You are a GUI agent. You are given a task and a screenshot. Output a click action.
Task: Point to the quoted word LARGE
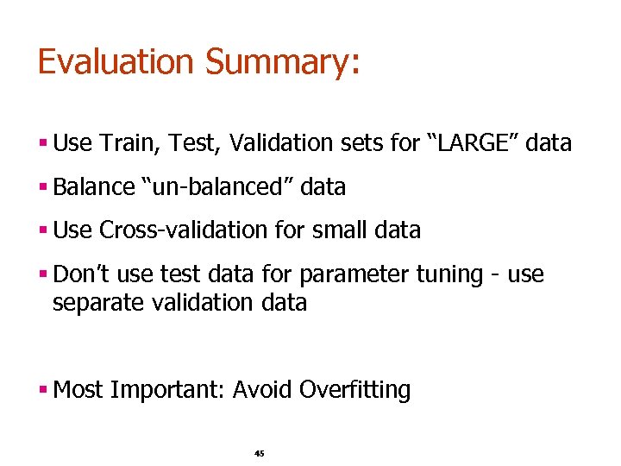pyautogui.click(x=474, y=143)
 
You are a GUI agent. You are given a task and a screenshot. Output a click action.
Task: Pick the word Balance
pyautogui.click(x=94, y=186)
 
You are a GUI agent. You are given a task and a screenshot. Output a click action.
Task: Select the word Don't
pyautogui.click(x=80, y=274)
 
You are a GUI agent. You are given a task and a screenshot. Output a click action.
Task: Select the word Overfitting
pyautogui.click(x=354, y=390)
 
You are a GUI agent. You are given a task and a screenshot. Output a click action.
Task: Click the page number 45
pyautogui.click(x=260, y=454)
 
